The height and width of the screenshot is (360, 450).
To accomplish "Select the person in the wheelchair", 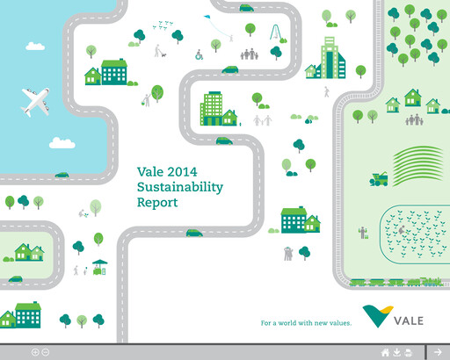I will tap(199, 55).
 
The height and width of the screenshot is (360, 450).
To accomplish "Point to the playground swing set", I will tap(276, 35).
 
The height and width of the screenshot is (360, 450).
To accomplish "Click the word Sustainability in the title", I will tap(180, 187).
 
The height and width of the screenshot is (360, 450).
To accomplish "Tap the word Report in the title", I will tap(157, 203).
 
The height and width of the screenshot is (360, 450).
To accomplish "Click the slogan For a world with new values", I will tap(306, 323).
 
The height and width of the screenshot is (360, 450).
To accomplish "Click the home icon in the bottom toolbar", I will tap(385, 352).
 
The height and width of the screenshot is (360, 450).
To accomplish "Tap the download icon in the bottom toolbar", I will tap(396, 352).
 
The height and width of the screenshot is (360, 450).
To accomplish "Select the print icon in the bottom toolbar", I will tap(408, 352).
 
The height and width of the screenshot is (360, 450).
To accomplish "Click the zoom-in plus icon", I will tap(36, 352).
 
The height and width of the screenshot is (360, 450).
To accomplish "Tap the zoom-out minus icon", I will tap(46, 352).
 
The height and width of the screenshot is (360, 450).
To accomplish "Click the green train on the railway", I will tap(396, 282).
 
